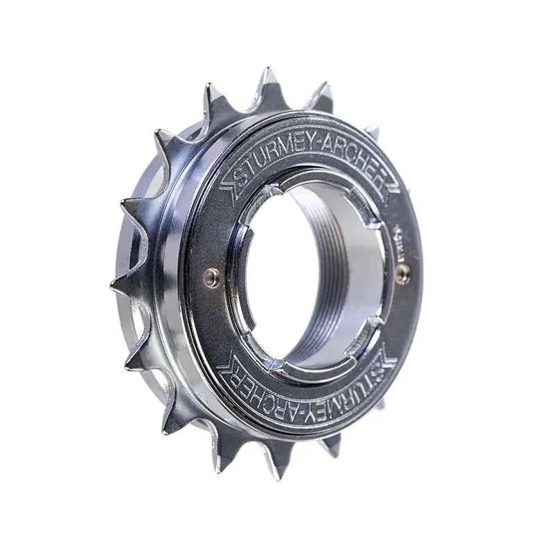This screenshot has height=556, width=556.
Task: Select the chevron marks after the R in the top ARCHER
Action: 392,186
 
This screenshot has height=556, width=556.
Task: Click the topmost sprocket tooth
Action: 267,80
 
